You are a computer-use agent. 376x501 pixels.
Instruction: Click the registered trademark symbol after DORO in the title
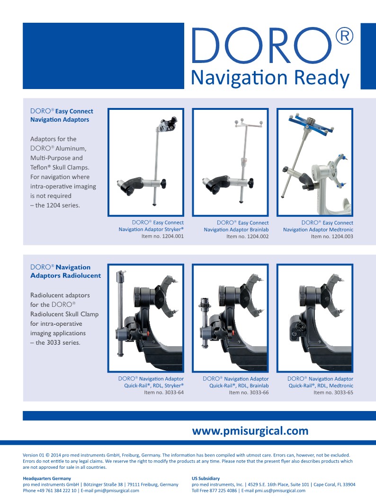[x=344, y=36]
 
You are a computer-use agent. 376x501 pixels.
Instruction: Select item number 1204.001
[x=162, y=236]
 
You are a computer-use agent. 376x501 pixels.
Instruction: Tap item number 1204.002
[x=248, y=236]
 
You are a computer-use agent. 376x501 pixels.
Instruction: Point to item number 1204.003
[x=332, y=236]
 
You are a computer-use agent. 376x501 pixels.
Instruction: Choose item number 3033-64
[x=164, y=393]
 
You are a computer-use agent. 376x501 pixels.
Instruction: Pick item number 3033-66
[x=249, y=393]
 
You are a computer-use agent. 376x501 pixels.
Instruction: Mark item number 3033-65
[x=333, y=393]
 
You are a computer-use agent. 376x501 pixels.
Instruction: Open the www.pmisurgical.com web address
[x=250, y=431]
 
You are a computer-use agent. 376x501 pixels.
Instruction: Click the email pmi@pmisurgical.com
[x=116, y=491]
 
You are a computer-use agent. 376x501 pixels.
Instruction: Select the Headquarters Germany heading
[x=47, y=478]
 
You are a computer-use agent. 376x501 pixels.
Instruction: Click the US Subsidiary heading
[x=206, y=478]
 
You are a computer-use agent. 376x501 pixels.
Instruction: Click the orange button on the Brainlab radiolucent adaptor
[x=233, y=332]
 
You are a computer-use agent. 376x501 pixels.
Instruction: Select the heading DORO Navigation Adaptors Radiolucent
[x=65, y=271]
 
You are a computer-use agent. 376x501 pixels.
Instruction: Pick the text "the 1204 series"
[x=57, y=205]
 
